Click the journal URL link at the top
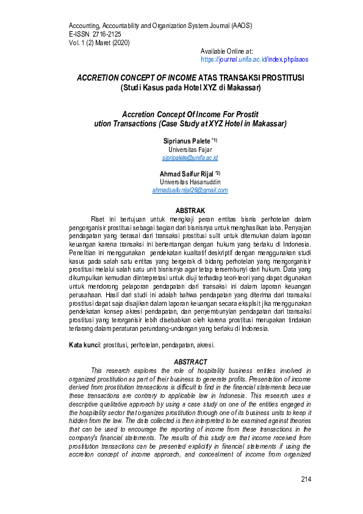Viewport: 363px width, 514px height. pos(254,60)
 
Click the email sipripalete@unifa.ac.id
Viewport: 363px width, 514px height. pos(190,157)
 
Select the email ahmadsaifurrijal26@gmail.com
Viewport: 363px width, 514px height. pos(190,190)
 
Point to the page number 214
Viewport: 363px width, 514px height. pos(306,479)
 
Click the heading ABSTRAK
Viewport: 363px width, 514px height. pos(190,210)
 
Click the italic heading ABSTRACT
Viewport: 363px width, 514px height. pos(190,362)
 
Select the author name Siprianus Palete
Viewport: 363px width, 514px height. pos(186,140)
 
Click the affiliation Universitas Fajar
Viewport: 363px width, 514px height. pos(190,149)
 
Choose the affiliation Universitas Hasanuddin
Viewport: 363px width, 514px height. pos(190,182)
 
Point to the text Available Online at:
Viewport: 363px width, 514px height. pos(227,52)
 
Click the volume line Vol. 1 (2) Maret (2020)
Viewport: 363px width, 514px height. pos(99,43)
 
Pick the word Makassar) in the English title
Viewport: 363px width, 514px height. pos(267,123)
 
